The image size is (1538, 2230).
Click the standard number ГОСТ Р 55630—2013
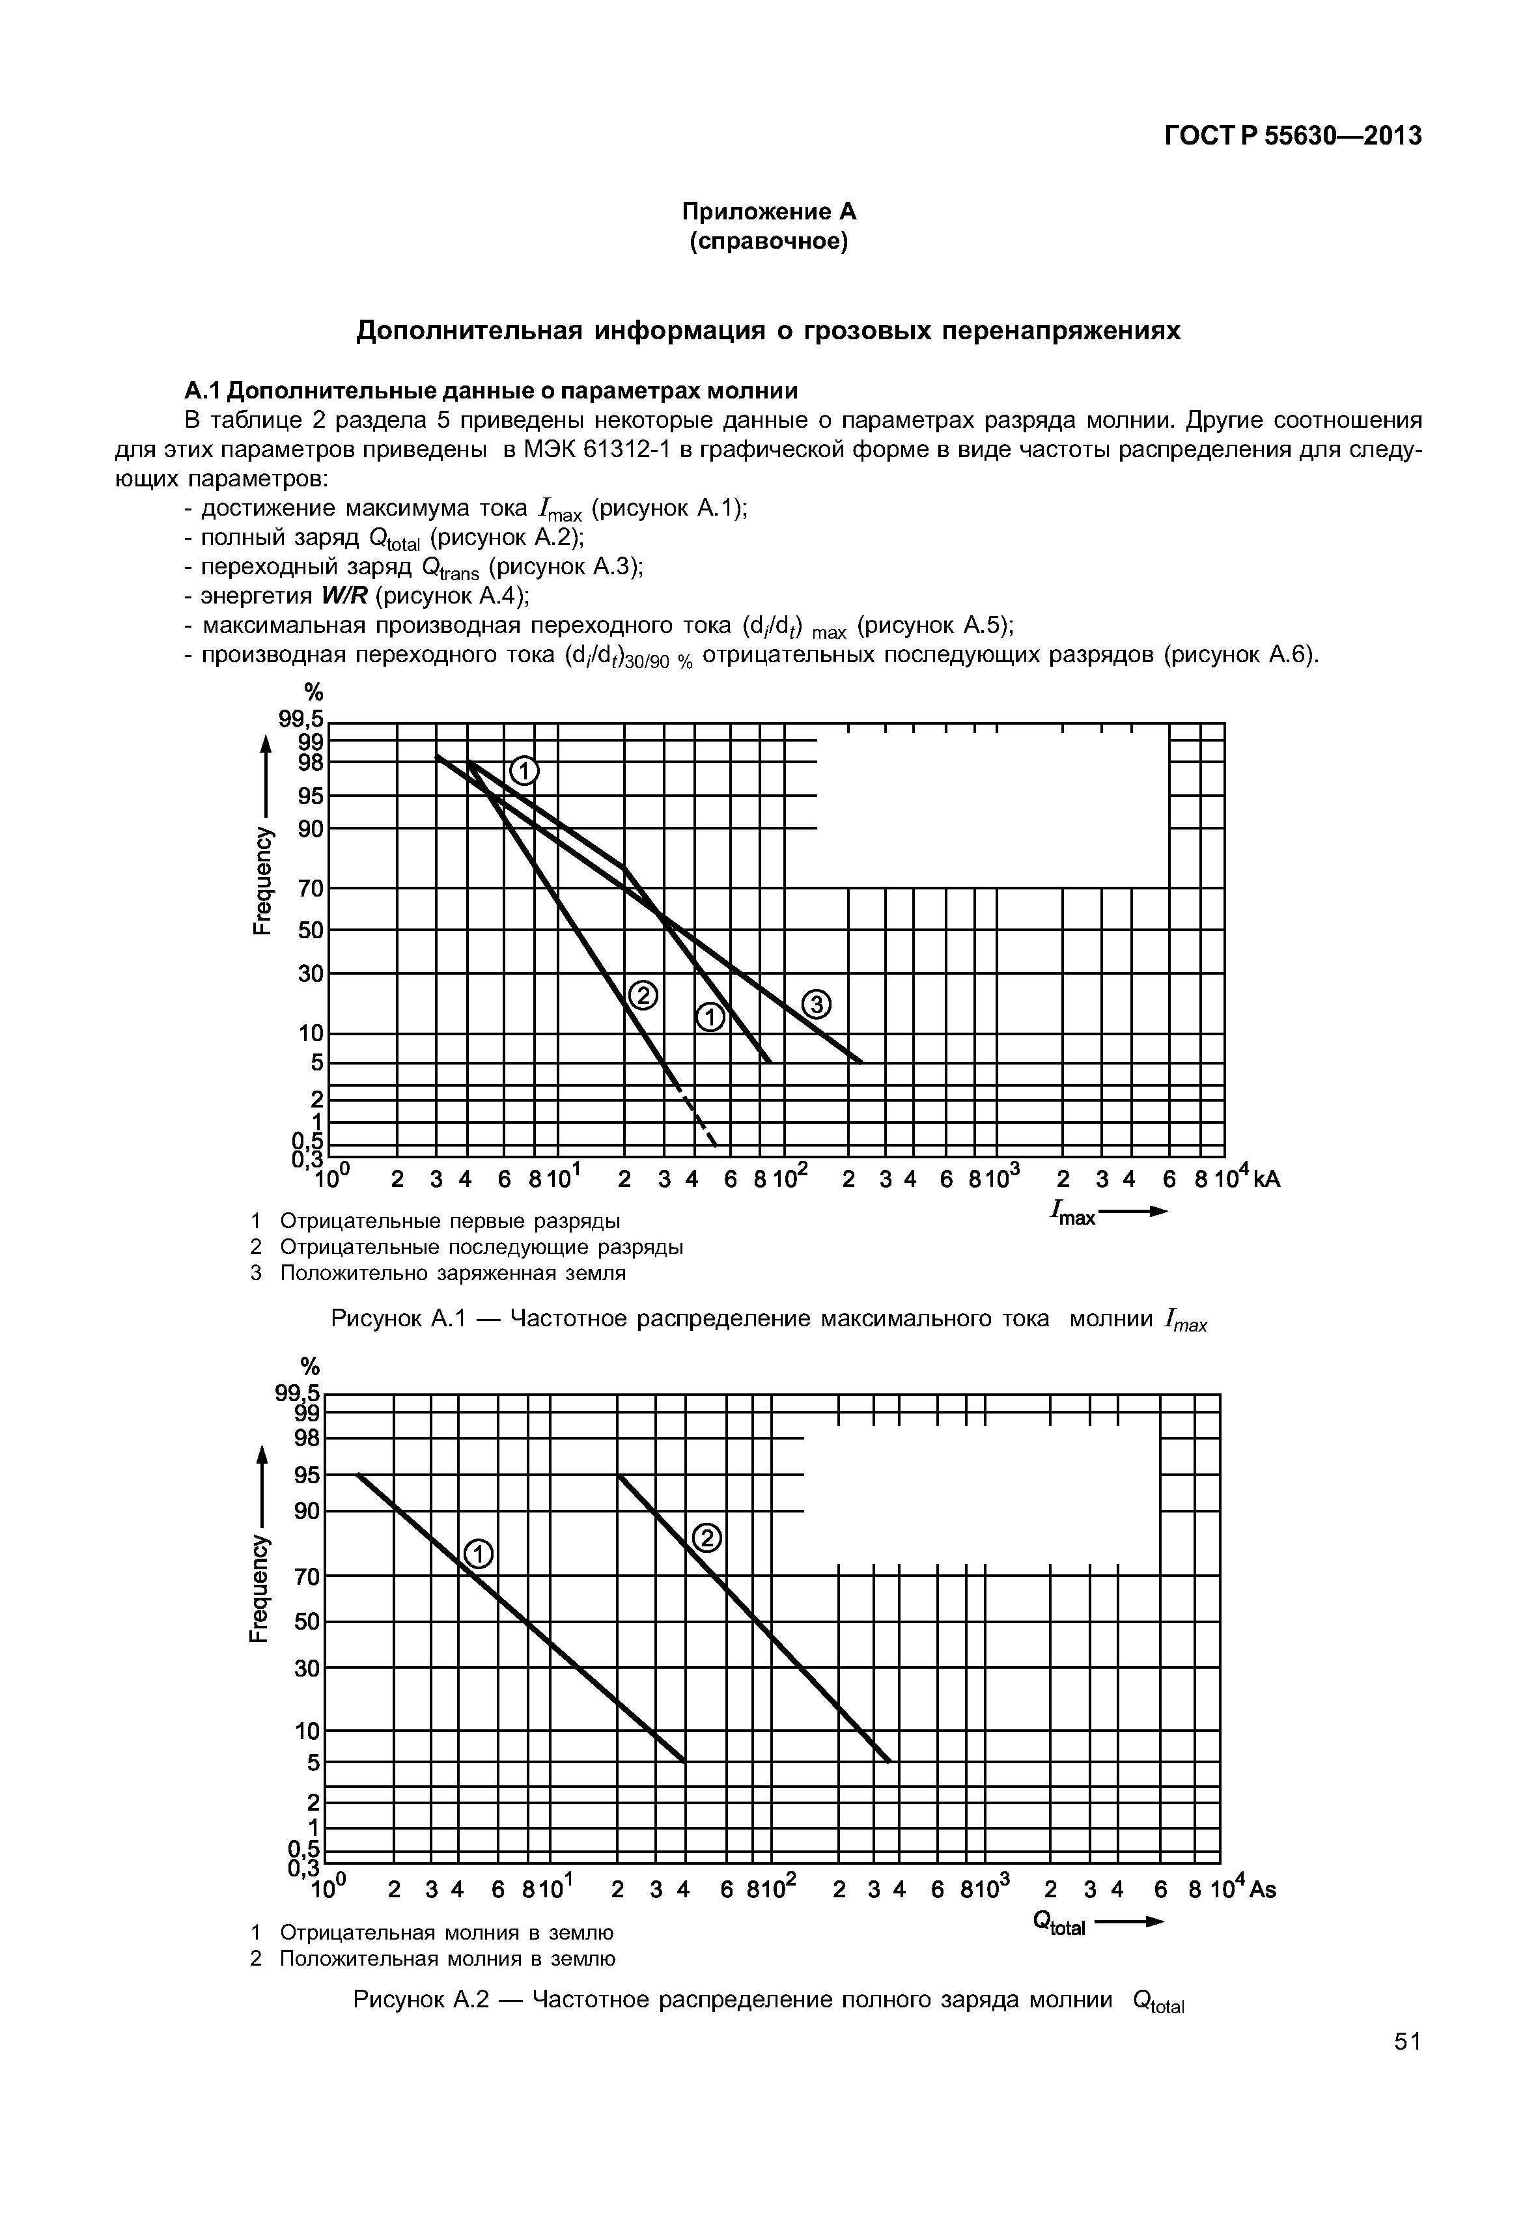coord(1293,137)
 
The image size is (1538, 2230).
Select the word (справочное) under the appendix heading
coord(769,242)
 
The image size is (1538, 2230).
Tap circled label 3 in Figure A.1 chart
coord(817,1006)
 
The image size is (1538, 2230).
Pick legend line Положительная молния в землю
coord(445,1958)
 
